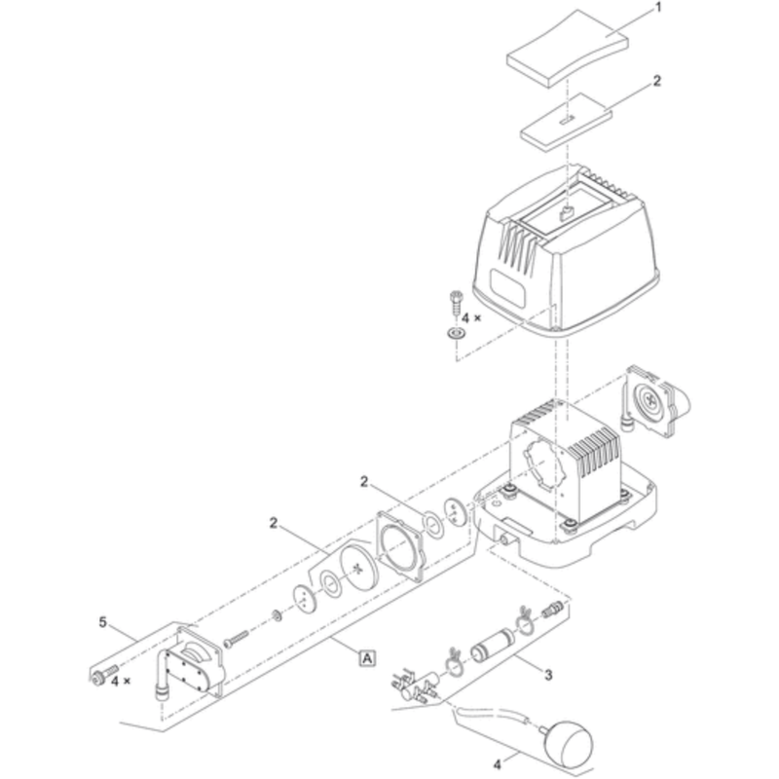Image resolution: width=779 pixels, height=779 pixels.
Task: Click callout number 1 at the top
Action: coord(658,8)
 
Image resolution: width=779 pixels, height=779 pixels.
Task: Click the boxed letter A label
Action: coord(367,658)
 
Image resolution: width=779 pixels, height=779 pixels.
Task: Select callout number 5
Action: coord(103,622)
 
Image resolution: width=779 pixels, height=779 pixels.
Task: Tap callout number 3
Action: coord(548,675)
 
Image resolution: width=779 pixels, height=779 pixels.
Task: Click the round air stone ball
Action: coord(569,744)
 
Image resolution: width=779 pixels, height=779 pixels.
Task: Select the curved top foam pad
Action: coord(568,50)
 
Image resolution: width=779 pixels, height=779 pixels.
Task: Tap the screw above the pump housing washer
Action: coord(456,301)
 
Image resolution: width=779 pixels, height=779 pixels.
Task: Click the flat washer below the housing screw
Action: coord(455,332)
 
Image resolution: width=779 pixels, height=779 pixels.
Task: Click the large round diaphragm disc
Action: coord(358,567)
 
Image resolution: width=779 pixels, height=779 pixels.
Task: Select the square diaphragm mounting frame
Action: coord(400,545)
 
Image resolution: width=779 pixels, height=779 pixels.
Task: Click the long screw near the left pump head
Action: coord(236,639)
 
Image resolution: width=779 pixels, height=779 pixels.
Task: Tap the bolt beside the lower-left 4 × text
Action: coord(103,675)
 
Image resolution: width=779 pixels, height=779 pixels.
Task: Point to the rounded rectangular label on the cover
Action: coord(507,287)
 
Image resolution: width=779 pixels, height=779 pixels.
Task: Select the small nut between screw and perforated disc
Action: coord(278,616)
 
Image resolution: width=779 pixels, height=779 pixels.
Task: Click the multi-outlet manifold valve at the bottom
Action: coord(415,686)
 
